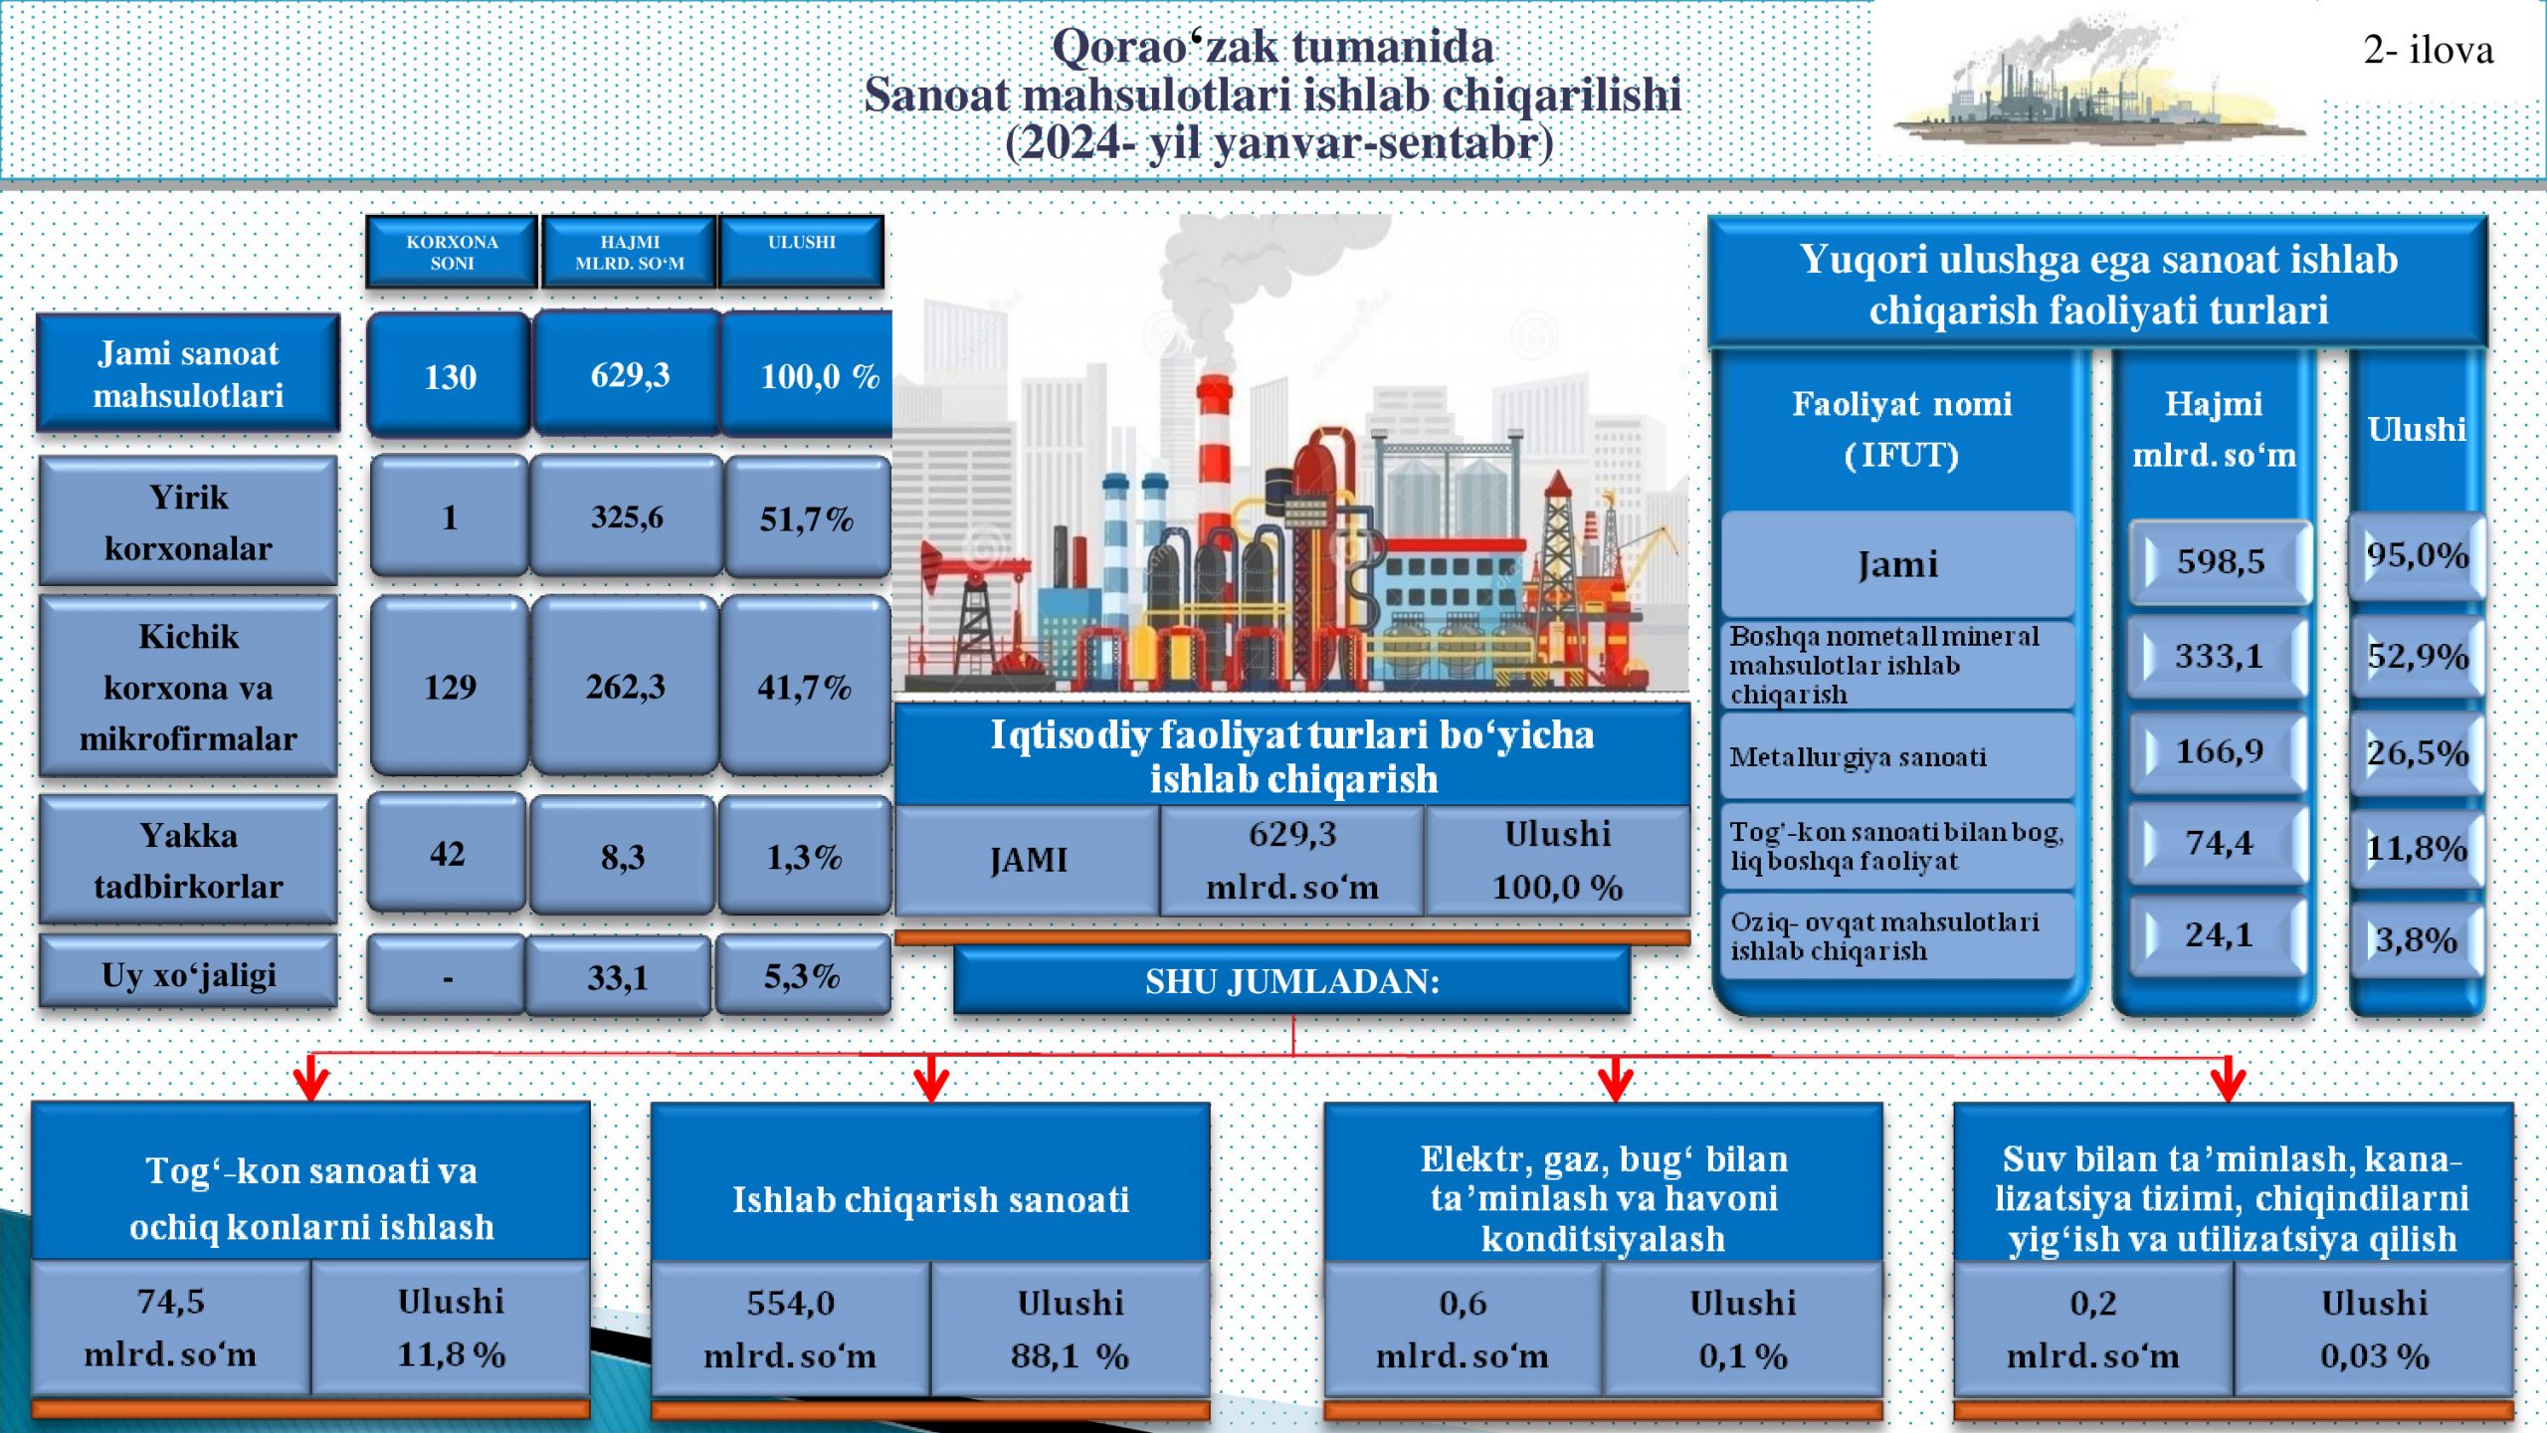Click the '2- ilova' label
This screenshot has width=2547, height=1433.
(x=2428, y=50)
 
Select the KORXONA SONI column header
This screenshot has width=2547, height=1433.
(x=452, y=253)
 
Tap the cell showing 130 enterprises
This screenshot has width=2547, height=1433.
(x=450, y=375)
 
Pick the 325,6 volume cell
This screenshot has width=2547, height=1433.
(x=627, y=516)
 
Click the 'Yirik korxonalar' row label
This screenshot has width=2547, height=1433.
(x=188, y=521)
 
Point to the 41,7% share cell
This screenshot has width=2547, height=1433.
(x=804, y=687)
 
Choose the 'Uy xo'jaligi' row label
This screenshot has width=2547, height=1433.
(x=188, y=975)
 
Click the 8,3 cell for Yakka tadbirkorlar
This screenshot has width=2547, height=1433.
(x=623, y=856)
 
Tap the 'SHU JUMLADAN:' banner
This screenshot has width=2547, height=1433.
(x=1291, y=981)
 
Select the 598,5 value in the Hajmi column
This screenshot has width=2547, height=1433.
(x=2220, y=561)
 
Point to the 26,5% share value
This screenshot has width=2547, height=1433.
(x=2417, y=752)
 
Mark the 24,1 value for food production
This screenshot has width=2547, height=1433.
(x=2219, y=934)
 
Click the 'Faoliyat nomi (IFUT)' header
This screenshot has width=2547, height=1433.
(x=1901, y=429)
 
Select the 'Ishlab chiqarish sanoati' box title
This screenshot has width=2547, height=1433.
(x=930, y=1199)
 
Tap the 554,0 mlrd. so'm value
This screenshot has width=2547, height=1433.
(x=791, y=1329)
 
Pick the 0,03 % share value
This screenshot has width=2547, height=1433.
(x=2375, y=1355)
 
